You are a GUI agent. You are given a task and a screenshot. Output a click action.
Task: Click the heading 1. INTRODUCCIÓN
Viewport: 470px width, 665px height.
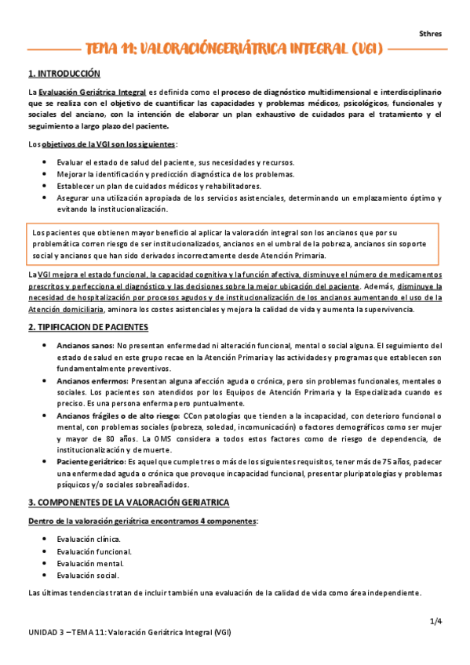coord(64,74)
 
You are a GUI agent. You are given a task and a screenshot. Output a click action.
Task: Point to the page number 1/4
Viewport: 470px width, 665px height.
coord(436,622)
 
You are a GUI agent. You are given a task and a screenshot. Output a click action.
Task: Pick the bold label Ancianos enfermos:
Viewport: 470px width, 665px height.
coord(92,380)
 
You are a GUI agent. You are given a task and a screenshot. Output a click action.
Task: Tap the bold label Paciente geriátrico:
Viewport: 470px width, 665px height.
coord(93,463)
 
